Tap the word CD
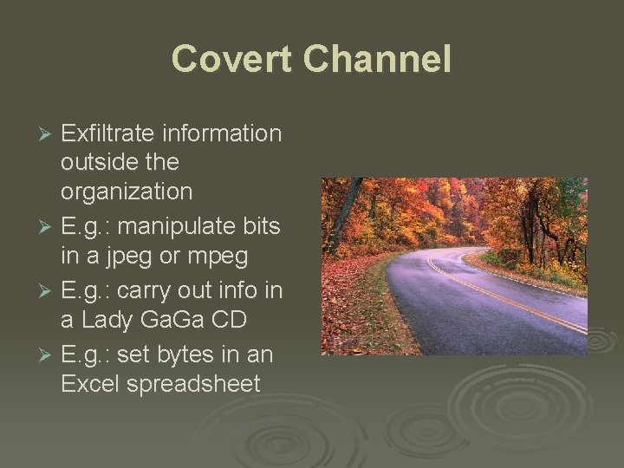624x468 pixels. point(229,320)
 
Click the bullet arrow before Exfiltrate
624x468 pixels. point(48,134)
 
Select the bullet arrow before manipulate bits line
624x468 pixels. point(48,228)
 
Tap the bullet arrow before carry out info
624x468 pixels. point(48,290)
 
